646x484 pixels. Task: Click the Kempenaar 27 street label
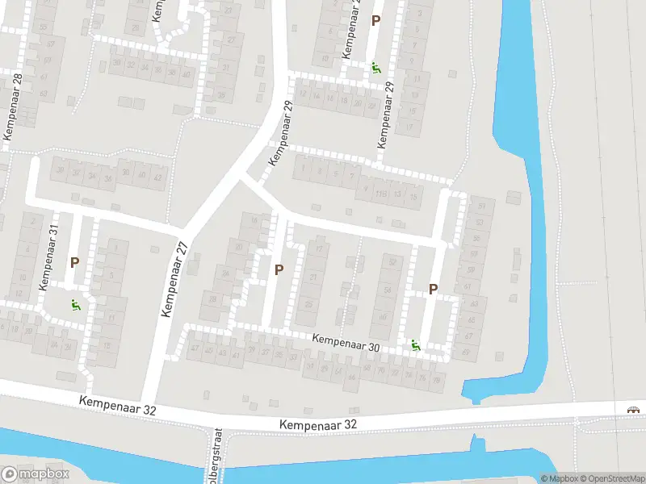[175, 279]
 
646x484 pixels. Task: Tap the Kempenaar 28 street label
[14, 106]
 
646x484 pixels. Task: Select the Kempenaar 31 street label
[49, 257]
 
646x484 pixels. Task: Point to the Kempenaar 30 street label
[346, 343]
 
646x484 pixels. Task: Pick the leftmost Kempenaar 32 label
[118, 405]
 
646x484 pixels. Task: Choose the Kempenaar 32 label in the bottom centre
[317, 423]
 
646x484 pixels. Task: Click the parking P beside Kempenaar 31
[74, 262]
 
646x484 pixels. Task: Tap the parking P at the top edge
[375, 20]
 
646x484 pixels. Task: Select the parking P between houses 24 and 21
[279, 269]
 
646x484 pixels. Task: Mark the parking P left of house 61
[433, 289]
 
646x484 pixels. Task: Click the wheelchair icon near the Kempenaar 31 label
[75, 305]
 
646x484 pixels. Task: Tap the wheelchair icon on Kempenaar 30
[416, 345]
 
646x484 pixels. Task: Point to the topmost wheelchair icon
[375, 67]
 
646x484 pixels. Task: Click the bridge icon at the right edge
[635, 409]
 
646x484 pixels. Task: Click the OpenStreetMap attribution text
[610, 478]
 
